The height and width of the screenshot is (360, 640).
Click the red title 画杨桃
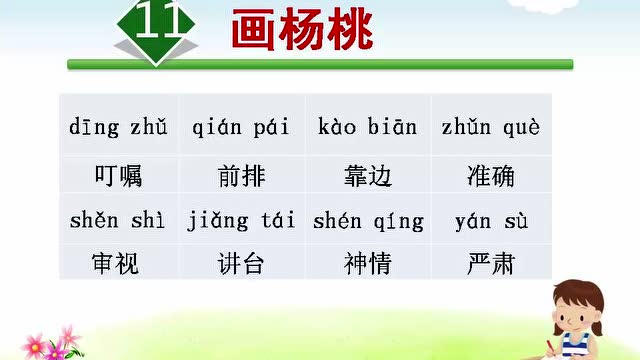tap(302, 32)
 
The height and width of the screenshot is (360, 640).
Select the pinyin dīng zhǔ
tap(119, 128)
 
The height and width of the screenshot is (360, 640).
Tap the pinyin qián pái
tap(240, 128)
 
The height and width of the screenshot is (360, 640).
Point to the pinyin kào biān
tap(367, 128)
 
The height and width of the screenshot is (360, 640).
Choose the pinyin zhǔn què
tap(490, 128)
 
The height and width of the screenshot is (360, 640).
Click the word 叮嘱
tap(117, 176)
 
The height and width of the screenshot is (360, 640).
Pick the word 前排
tap(241, 176)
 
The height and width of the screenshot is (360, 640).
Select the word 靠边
tap(367, 176)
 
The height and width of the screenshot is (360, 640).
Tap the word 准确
tap(491, 176)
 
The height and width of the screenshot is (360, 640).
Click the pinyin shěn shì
tap(118, 221)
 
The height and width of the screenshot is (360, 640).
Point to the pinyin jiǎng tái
tap(240, 221)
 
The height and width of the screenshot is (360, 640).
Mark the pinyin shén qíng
tap(368, 221)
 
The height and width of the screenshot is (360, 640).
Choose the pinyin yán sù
tap(491, 221)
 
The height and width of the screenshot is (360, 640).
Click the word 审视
tap(117, 264)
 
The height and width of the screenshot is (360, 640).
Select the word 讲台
tap(241, 264)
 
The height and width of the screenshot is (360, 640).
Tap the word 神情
tap(367, 264)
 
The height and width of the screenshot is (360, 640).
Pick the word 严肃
tap(491, 264)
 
